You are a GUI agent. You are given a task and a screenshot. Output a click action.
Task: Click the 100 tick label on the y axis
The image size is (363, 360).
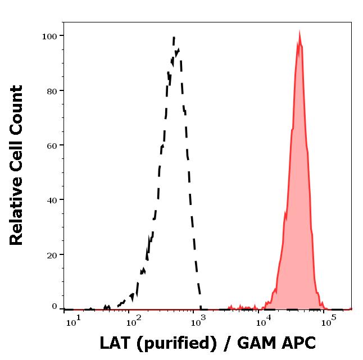[50, 37]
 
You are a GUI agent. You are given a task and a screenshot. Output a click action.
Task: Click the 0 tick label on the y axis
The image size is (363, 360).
[55, 307]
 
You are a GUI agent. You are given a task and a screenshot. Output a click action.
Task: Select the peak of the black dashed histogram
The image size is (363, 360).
[174, 38]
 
